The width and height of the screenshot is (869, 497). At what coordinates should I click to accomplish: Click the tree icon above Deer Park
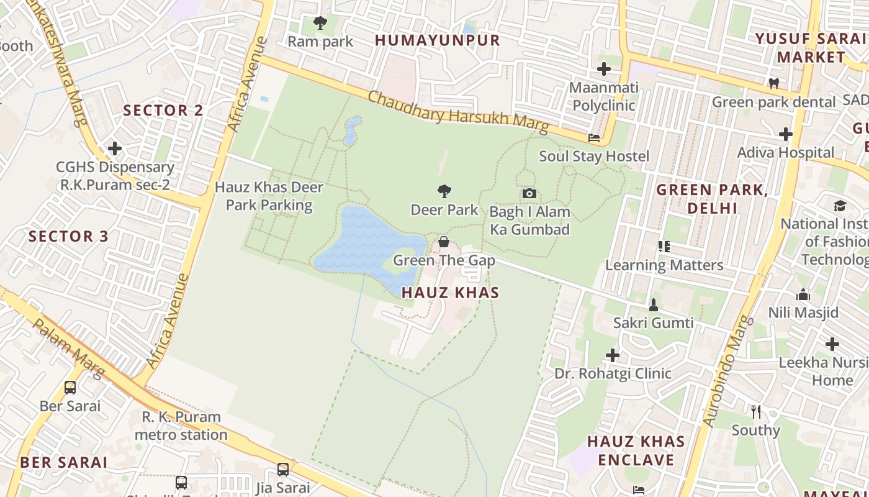[444, 191]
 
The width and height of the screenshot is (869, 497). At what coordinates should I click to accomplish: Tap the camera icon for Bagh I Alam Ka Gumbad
[529, 193]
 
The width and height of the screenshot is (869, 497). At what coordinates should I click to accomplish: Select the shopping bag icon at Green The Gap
[444, 241]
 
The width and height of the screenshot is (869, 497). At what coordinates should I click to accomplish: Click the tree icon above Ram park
[320, 23]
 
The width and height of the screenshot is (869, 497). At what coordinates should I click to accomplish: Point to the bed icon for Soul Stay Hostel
[594, 138]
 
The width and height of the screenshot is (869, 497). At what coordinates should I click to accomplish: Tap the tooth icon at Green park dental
[773, 83]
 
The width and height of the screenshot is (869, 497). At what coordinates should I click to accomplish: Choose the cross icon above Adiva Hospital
[786, 134]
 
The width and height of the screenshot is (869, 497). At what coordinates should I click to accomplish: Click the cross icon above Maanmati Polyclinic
[604, 68]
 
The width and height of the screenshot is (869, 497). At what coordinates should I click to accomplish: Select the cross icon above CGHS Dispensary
[115, 148]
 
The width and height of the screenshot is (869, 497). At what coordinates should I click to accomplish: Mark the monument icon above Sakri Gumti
[653, 304]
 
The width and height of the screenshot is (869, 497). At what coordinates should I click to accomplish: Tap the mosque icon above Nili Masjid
[803, 294]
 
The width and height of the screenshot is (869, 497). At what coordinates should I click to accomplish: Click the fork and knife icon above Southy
[755, 411]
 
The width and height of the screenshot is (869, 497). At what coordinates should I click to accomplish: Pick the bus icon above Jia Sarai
[283, 469]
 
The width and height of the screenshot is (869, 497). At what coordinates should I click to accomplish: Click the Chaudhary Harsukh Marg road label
[458, 112]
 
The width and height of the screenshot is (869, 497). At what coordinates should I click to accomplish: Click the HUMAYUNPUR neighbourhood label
[437, 40]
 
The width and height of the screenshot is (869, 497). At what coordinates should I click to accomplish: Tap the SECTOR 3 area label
[68, 236]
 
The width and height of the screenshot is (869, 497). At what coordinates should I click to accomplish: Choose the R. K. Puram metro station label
[181, 426]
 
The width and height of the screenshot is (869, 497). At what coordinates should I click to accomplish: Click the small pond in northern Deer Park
[352, 129]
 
